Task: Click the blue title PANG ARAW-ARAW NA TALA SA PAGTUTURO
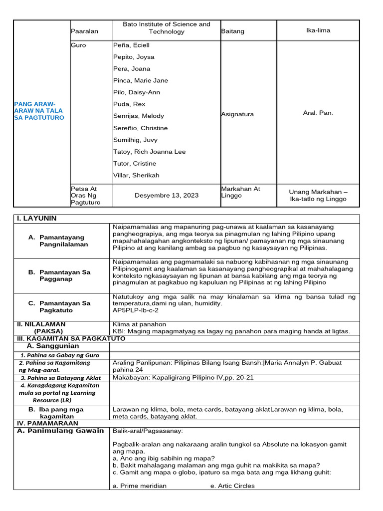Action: point(39,110)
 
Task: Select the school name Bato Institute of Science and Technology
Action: point(167,28)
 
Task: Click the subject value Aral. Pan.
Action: point(318,113)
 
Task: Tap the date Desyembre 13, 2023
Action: point(167,196)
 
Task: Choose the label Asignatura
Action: point(237,114)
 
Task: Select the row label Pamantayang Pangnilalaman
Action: point(63,241)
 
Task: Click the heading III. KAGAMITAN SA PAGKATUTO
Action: point(71,338)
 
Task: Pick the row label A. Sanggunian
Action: point(52,346)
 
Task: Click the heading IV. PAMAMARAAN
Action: point(47,423)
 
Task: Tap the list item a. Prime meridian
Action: point(140,486)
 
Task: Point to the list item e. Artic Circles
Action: point(232,486)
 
